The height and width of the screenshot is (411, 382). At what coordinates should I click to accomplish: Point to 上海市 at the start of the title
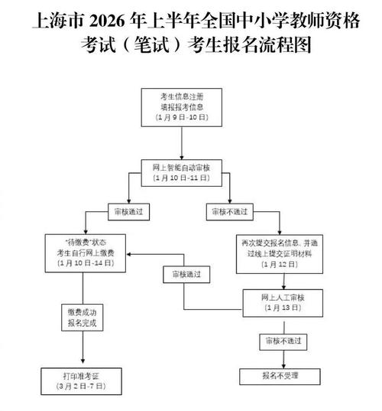(51, 17)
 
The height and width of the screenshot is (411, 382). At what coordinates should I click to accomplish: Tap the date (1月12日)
(280, 265)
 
